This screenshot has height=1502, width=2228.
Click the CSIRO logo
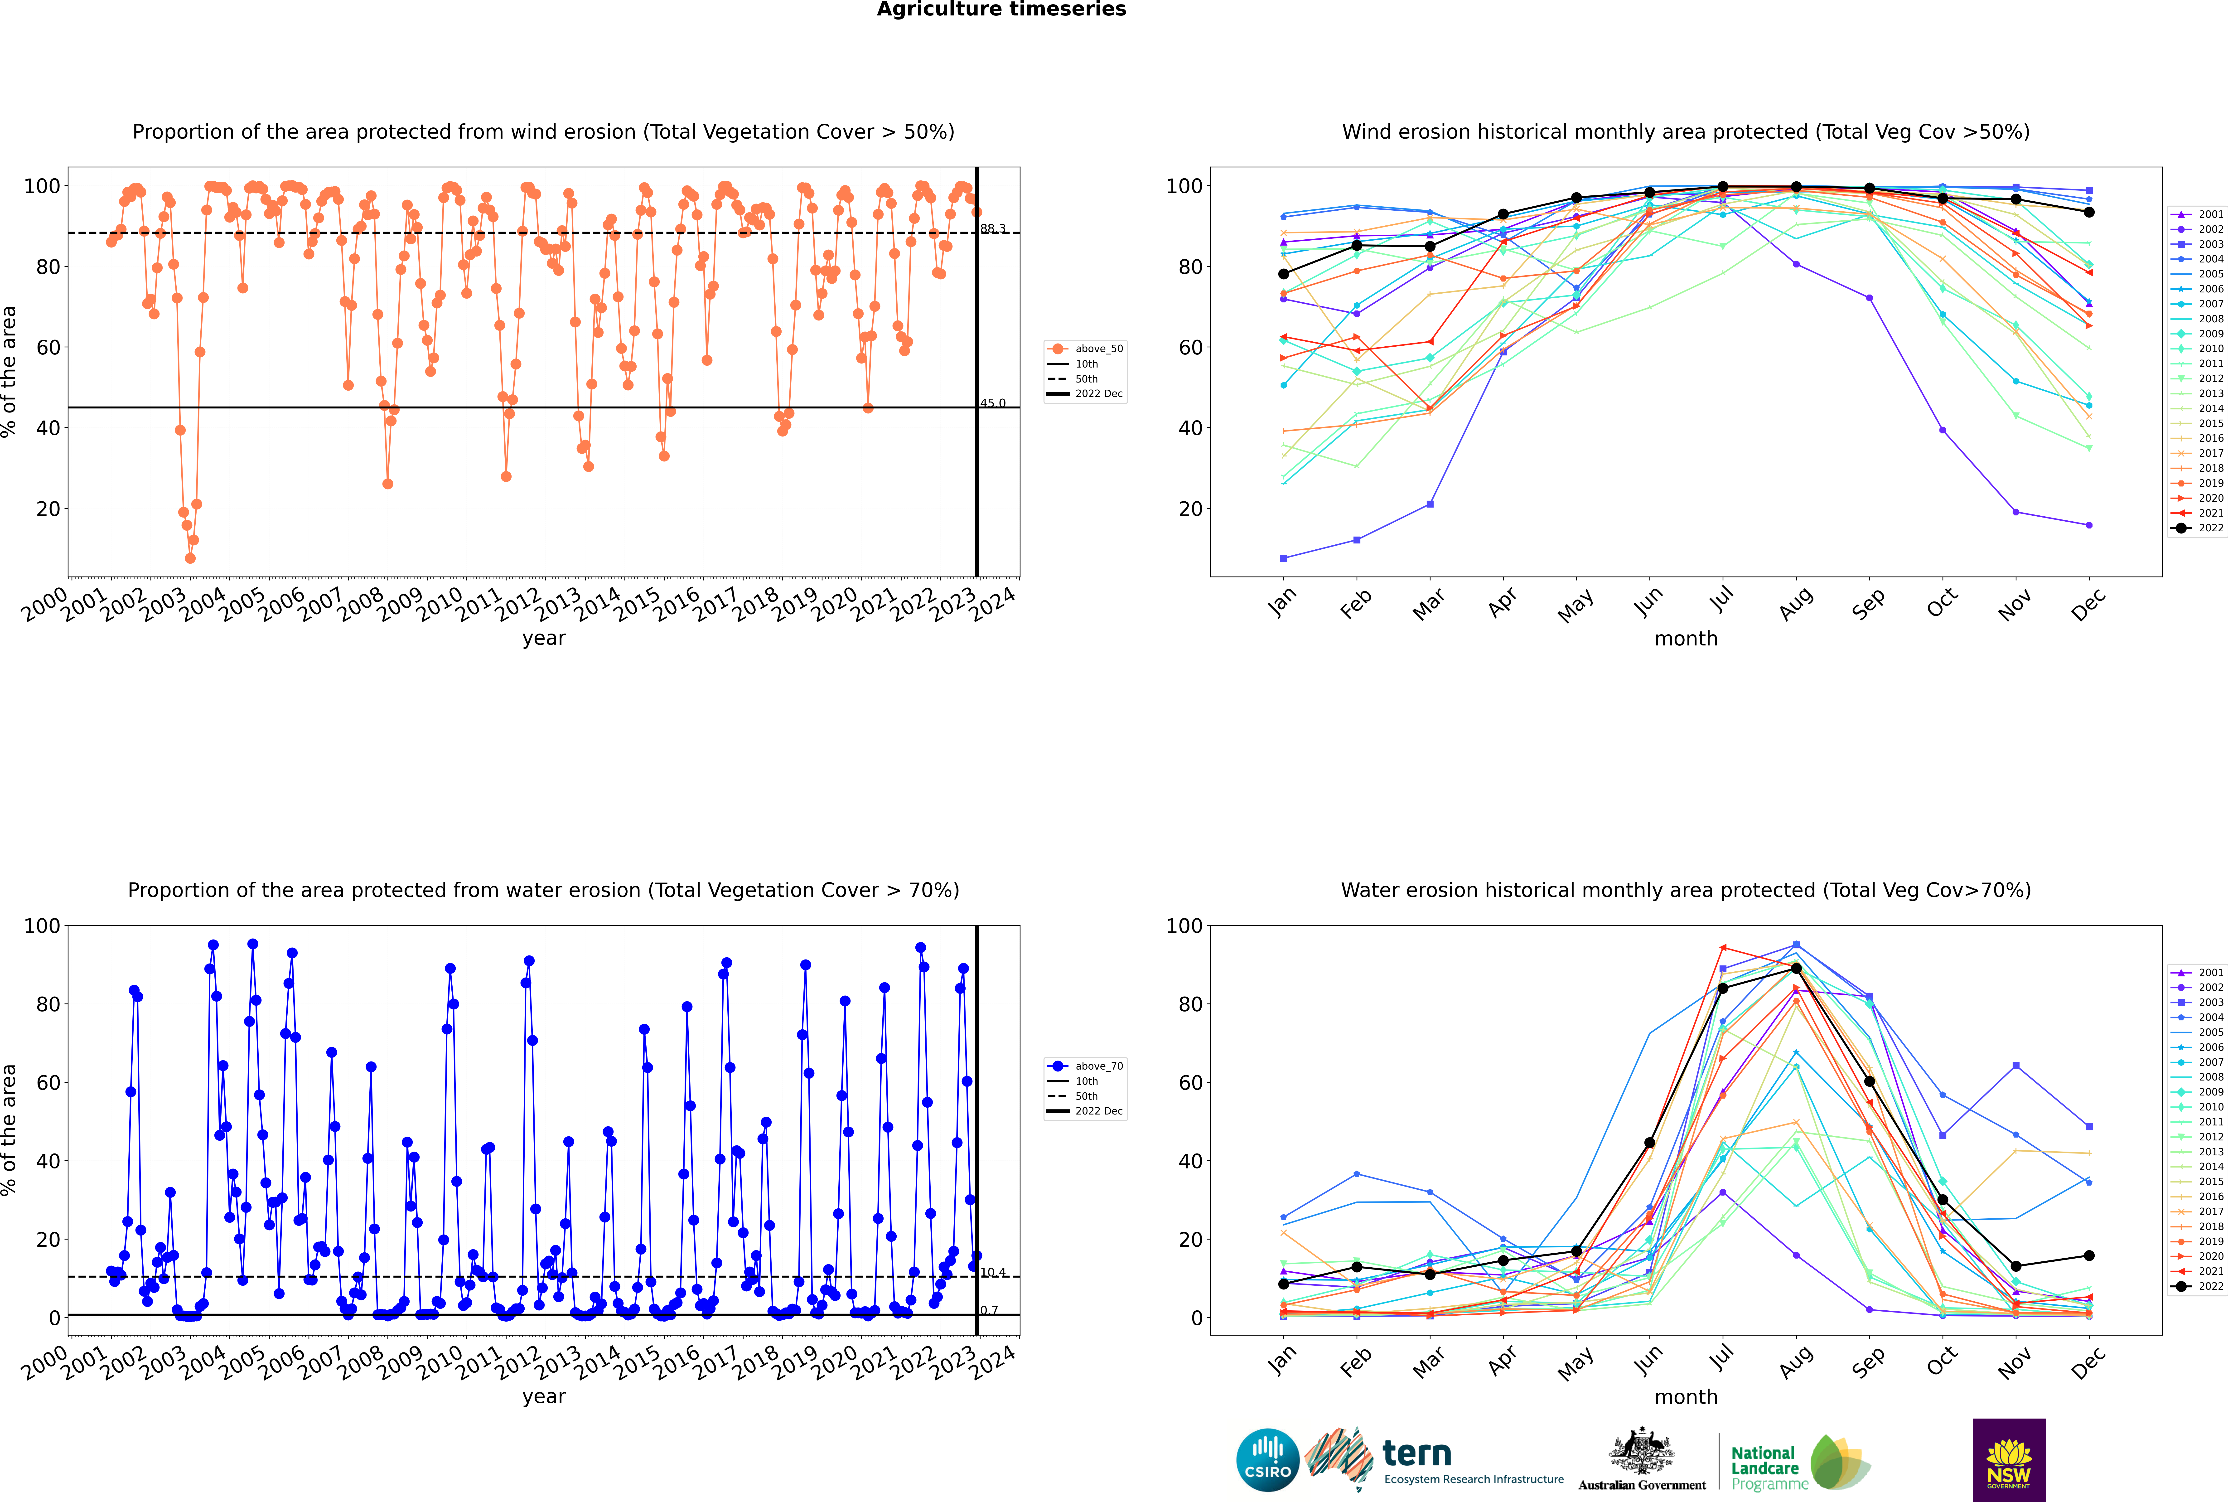1267,1460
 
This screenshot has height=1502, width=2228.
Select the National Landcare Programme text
1769,1468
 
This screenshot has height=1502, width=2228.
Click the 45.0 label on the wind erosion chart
992,403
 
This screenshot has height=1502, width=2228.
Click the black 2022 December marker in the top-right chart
2089,212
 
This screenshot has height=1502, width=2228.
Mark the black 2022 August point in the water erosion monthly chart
1796,969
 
